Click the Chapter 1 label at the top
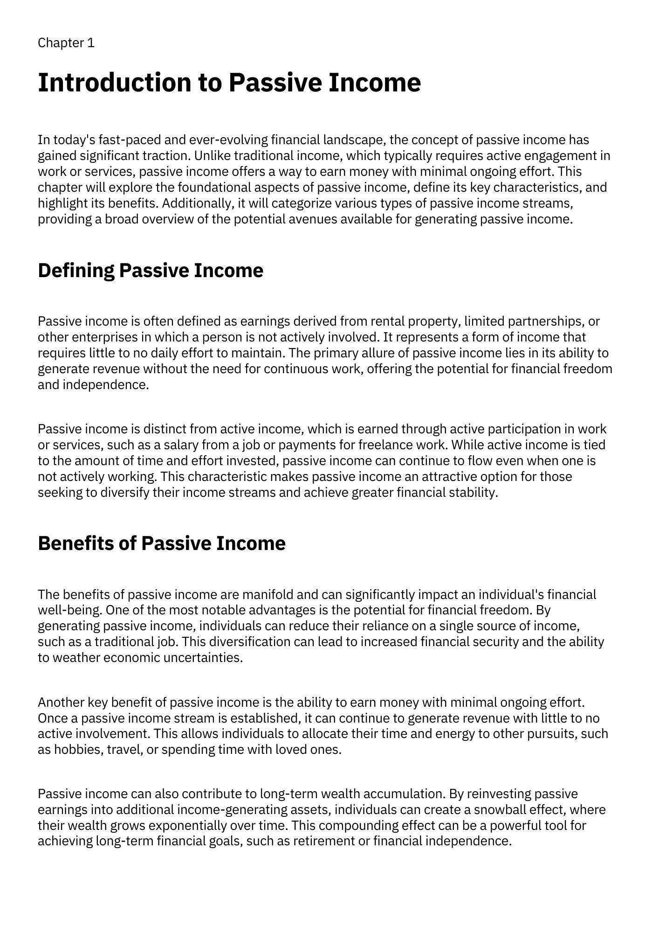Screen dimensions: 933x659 click(x=66, y=43)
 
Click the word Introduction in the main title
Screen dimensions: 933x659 click(x=114, y=83)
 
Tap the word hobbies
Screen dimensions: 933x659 click(x=77, y=749)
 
